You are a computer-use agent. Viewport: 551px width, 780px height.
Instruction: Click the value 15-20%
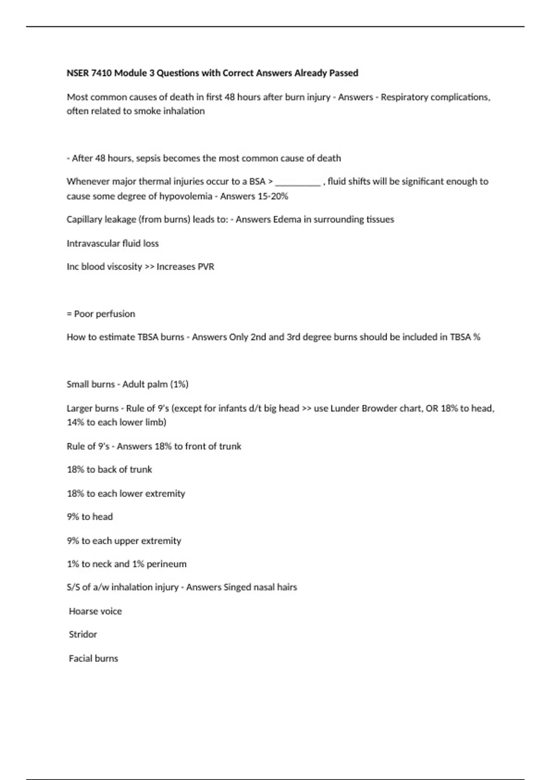pyautogui.click(x=273, y=196)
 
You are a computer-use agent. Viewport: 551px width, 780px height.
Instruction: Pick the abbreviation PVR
pyautogui.click(x=206, y=267)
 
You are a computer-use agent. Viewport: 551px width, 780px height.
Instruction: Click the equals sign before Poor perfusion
pyautogui.click(x=69, y=314)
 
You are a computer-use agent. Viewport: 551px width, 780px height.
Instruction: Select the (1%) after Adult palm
pyautogui.click(x=179, y=384)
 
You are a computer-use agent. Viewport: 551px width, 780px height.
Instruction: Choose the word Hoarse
pyautogui.click(x=82, y=611)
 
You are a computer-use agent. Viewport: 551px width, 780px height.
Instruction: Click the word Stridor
pyautogui.click(x=83, y=635)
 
